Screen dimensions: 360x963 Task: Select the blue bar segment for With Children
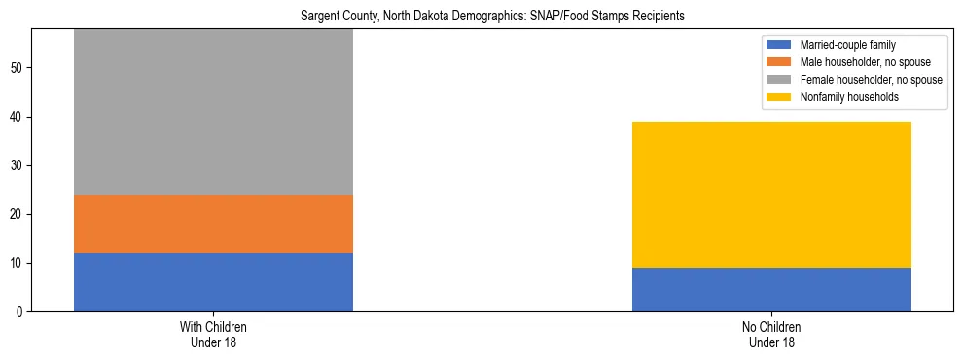213,282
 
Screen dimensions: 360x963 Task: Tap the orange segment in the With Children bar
213,224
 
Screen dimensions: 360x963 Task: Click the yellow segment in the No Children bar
771,195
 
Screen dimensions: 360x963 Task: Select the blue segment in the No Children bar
771,290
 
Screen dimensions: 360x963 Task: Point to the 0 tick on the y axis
20,312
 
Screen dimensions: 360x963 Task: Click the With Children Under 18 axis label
213,335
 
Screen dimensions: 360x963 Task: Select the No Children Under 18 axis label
771,335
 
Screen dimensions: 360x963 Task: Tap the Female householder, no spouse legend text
871,80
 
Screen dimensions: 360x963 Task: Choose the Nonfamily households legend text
849,97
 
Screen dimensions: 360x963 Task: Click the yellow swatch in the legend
780,97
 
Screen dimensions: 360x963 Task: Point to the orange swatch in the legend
780,62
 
